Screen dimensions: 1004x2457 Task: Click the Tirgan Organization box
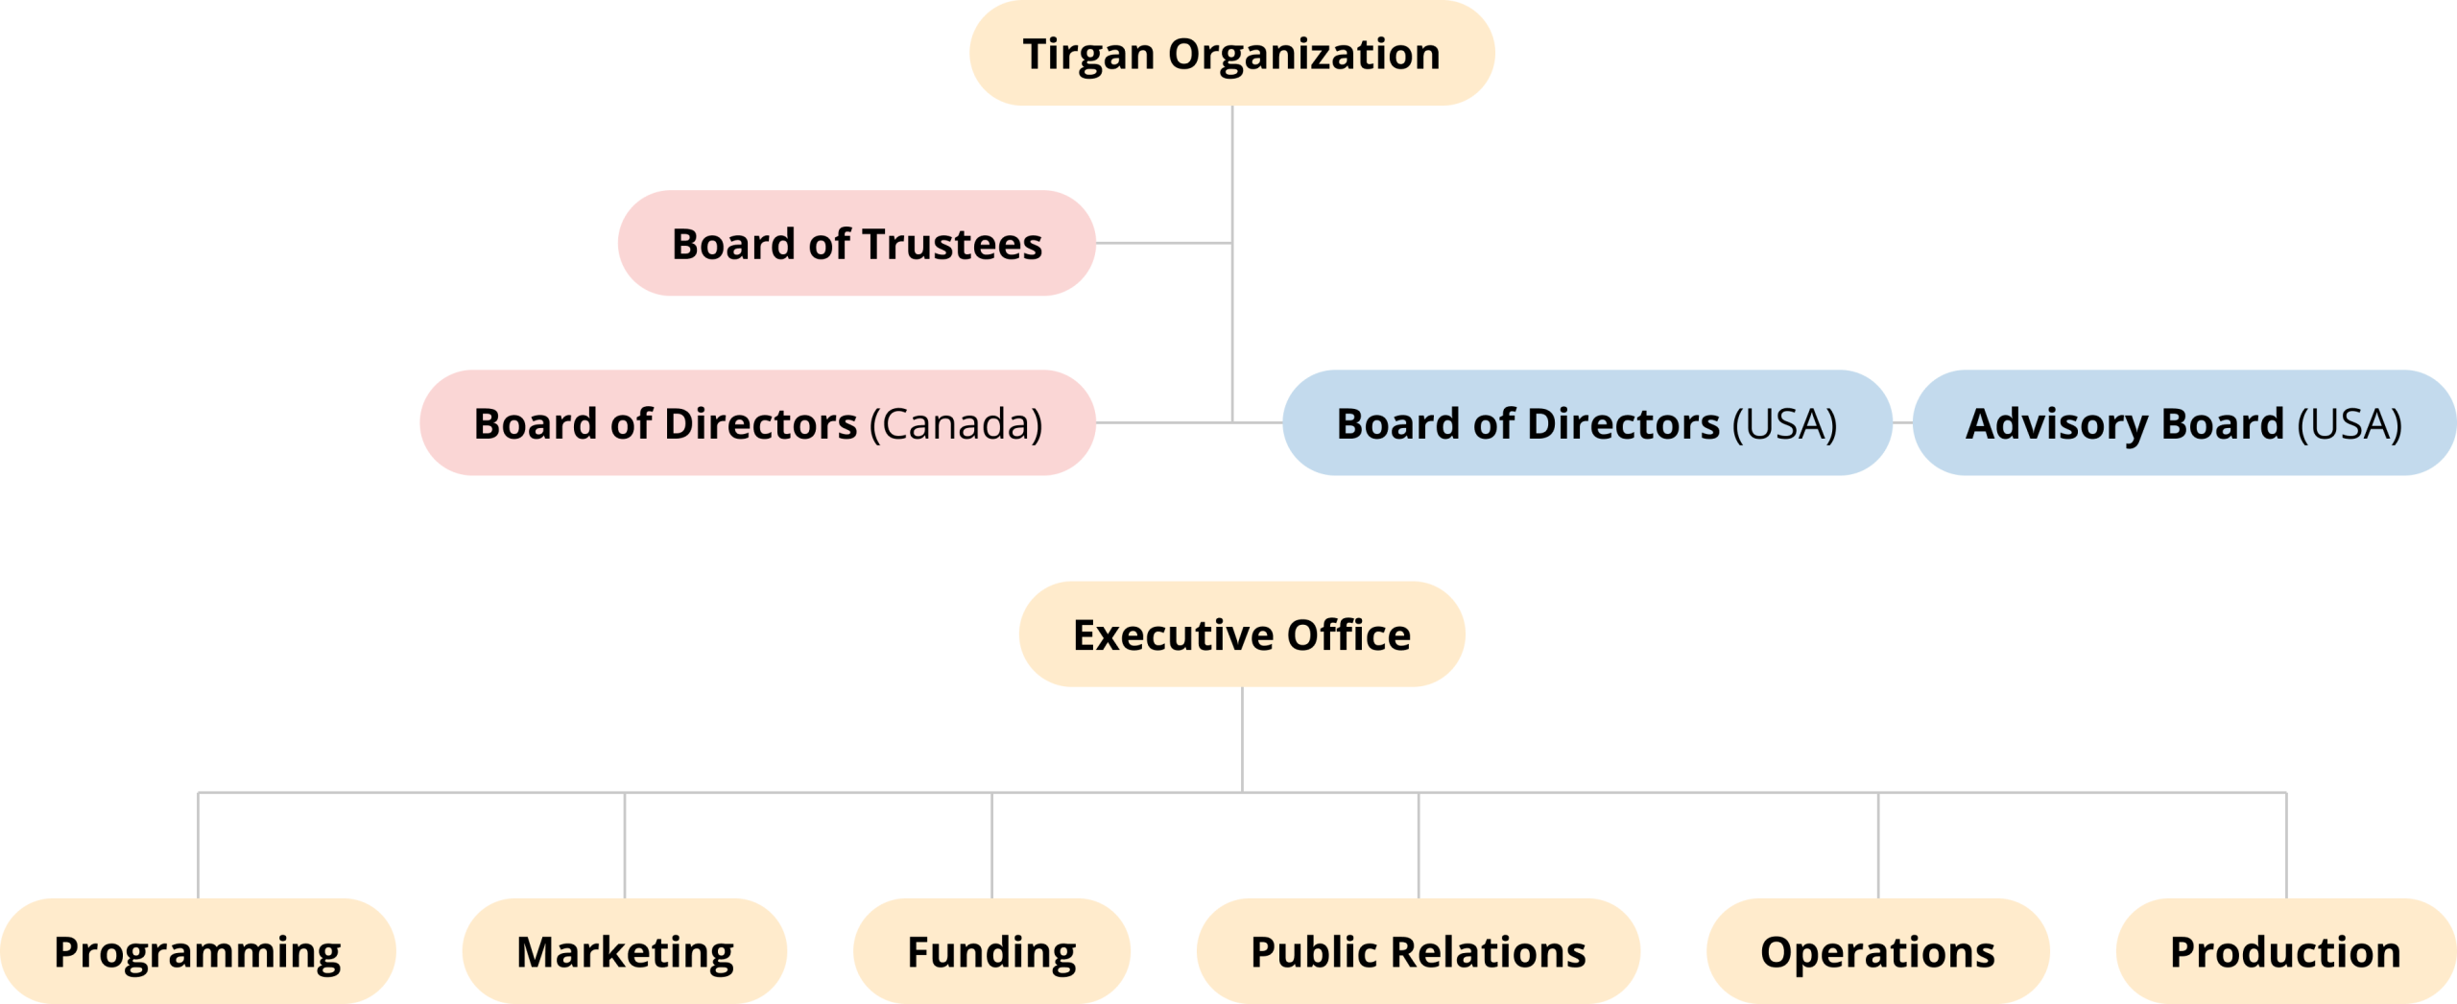(x=1231, y=54)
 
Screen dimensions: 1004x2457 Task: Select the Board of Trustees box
(x=856, y=244)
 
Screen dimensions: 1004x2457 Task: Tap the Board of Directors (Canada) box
(x=757, y=423)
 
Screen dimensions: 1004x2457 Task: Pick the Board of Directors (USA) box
(x=1586, y=423)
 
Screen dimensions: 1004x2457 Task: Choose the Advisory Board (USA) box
(x=2183, y=423)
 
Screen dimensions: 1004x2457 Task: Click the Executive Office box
(x=1241, y=634)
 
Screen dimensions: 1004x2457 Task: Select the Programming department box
(x=198, y=951)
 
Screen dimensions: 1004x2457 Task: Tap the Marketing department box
(x=625, y=951)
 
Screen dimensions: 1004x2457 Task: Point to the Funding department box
(x=991, y=951)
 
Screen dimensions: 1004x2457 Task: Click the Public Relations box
(x=1418, y=951)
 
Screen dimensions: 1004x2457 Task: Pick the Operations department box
(x=1877, y=951)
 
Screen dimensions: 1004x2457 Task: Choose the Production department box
(x=2285, y=951)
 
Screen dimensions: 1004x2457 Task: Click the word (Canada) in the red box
(x=956, y=424)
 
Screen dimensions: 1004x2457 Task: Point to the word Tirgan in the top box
(x=1087, y=55)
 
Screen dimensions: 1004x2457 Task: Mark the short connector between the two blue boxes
(x=1902, y=422)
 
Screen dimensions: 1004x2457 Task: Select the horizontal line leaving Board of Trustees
(x=1163, y=243)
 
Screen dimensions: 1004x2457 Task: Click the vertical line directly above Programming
(x=199, y=845)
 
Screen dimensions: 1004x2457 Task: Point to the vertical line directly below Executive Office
(x=1242, y=739)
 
